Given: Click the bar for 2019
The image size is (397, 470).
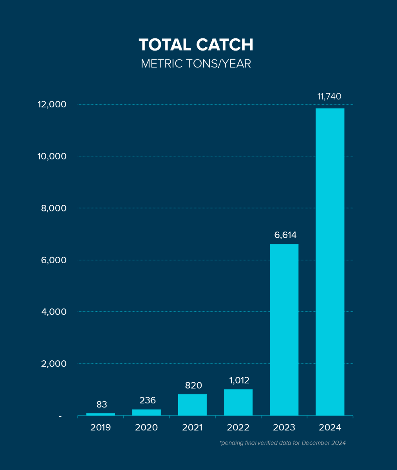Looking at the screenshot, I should coord(101,414).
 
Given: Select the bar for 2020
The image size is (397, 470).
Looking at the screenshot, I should coord(146,412).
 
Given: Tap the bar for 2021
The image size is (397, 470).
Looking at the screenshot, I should coord(192,405).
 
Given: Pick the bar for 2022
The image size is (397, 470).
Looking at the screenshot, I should coord(238,402).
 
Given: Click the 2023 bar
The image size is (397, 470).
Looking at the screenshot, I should coord(284,329).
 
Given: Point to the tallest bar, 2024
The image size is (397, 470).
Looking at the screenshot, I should coord(330,262).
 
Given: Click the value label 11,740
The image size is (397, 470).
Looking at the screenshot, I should coord(329,96).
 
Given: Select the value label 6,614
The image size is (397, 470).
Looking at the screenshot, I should coord(285,235).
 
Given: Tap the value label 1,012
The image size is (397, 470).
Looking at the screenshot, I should coord(238,380).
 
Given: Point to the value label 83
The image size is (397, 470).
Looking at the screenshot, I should coord(101,404).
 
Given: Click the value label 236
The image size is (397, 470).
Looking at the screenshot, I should coord(147,400).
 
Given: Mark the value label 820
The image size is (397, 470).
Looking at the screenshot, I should coord(193,385).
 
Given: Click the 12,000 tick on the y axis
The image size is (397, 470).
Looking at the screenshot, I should coord(52,105).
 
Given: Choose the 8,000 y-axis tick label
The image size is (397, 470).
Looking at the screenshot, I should coord(54,208).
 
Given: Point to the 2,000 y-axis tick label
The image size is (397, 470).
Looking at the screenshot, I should coord(54,363).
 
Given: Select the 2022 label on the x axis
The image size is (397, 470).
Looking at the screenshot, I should coord(238,427).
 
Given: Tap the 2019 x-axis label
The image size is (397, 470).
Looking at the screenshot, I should coord(101,427).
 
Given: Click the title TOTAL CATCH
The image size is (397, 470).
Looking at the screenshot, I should coord(196,45).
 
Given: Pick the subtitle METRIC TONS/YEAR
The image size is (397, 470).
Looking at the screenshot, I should coord(196,63).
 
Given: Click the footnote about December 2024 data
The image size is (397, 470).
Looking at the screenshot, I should coord(283,443).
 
